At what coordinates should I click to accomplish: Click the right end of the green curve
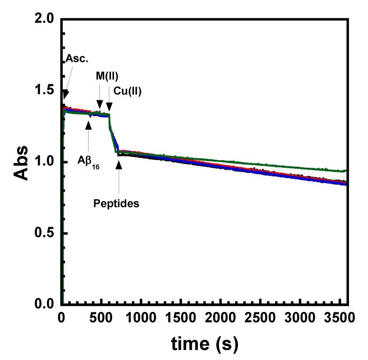347,171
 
